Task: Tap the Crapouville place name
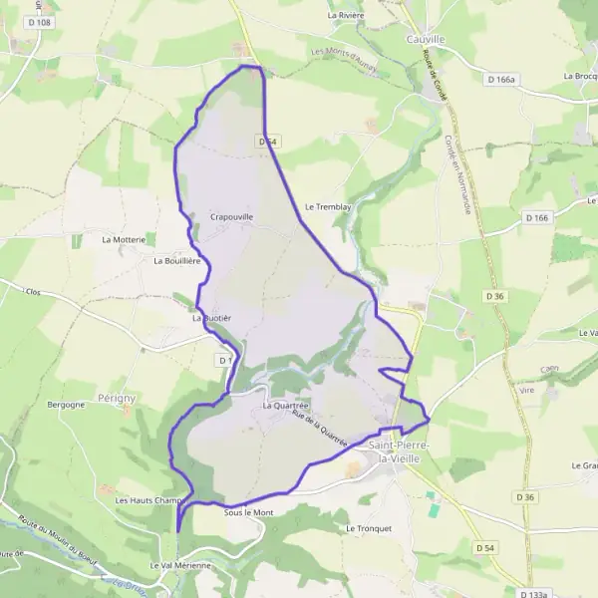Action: (232, 216)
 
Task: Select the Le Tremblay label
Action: (329, 207)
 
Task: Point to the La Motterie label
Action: (125, 240)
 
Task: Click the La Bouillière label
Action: (177, 260)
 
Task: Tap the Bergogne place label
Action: (67, 406)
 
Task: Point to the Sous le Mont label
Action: (249, 512)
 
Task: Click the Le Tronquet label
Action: (365, 527)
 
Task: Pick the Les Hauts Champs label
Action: (150, 500)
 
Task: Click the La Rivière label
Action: (348, 16)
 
